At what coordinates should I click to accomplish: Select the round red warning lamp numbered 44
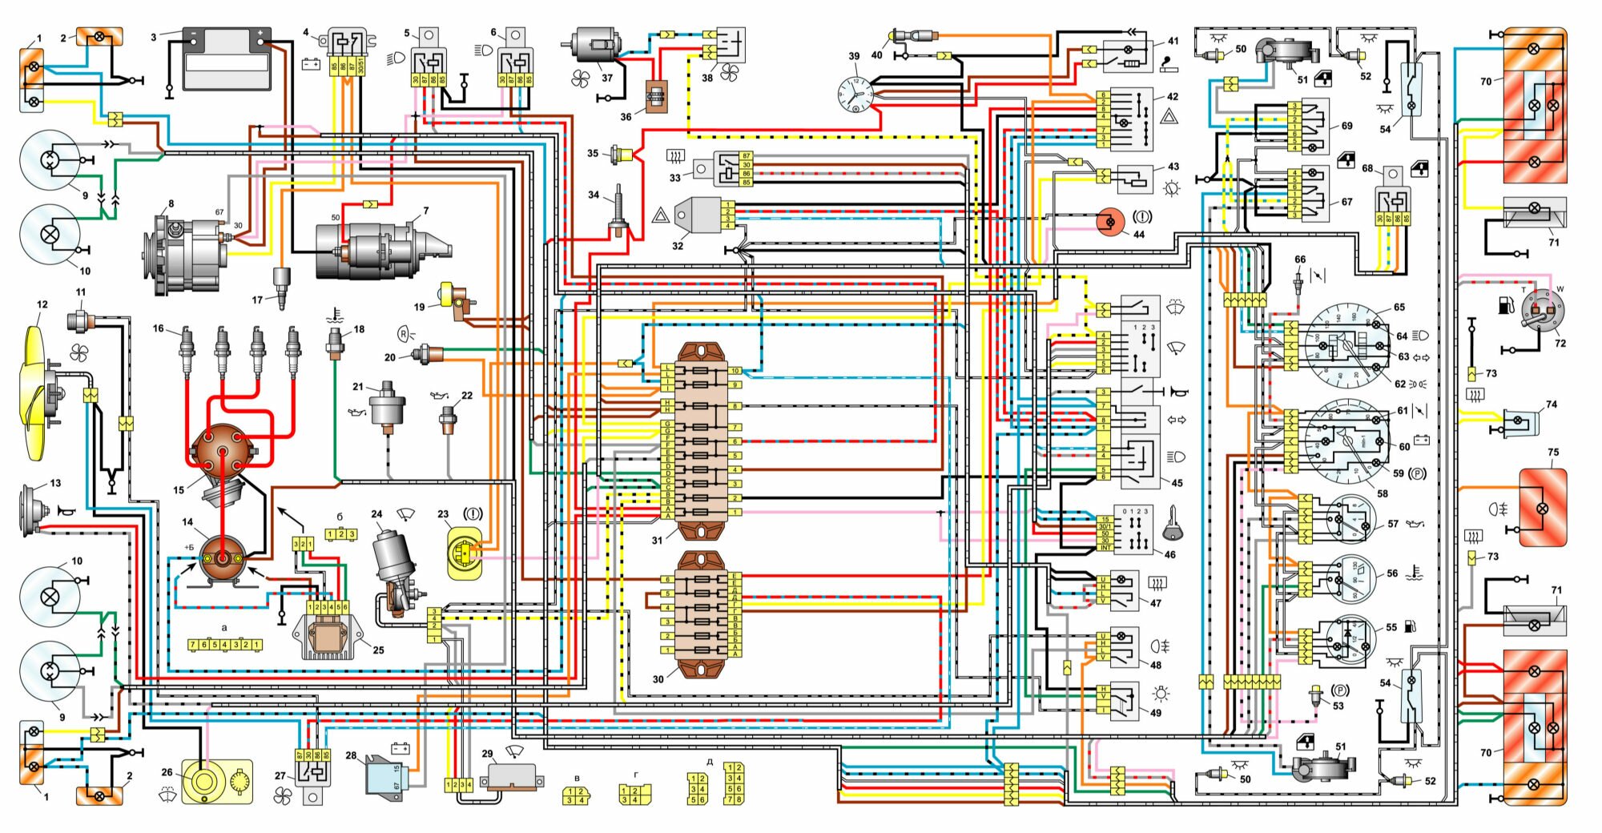(1111, 222)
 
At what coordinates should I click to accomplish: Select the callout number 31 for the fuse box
(657, 541)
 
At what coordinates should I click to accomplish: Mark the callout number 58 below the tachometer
(1383, 494)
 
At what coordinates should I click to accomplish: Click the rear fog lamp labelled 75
(1543, 508)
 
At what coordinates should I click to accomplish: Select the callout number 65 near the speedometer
(1399, 308)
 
